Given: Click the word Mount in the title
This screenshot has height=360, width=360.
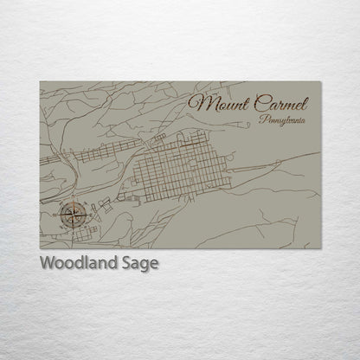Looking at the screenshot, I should point(221,103).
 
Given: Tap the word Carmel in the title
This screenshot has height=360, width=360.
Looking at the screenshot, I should point(284,102).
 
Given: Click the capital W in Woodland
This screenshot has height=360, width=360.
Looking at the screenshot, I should point(48,263).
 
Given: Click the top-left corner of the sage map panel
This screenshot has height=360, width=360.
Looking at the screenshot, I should point(40,81).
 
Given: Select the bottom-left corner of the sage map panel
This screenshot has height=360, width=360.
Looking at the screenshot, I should point(40,248).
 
